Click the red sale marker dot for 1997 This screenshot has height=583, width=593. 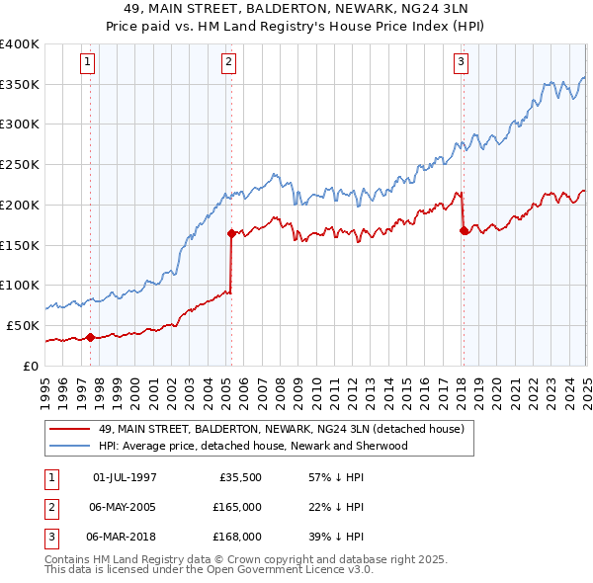90,337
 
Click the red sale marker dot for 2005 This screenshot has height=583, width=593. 231,233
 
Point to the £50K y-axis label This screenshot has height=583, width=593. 24,325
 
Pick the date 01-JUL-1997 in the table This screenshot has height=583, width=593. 125,477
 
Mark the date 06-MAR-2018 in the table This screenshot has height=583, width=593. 126,537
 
